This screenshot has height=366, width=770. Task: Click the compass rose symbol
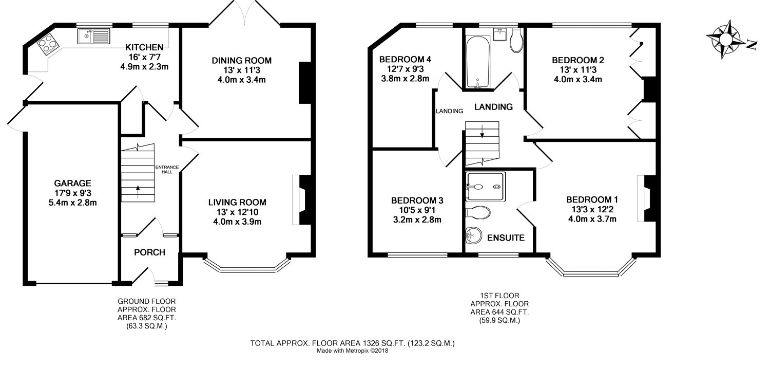pyautogui.click(x=728, y=40)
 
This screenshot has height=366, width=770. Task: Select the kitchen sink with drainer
pyautogui.click(x=94, y=36)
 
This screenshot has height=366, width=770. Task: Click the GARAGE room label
pyautogui.click(x=72, y=183)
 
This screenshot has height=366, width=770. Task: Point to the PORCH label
pyautogui.click(x=149, y=252)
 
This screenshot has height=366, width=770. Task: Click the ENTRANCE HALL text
pyautogui.click(x=167, y=170)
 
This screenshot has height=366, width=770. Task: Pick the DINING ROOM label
pyautogui.click(x=242, y=61)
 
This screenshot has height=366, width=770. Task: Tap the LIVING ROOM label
pyautogui.click(x=237, y=202)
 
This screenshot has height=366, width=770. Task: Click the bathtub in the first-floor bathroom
pyautogui.click(x=478, y=61)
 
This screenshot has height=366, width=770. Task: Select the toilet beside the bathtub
pyautogui.click(x=516, y=40)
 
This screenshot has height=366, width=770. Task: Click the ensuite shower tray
pyautogui.click(x=486, y=186)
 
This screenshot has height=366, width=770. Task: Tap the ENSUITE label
pyautogui.click(x=506, y=238)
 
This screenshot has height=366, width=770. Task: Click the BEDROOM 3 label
pyautogui.click(x=417, y=200)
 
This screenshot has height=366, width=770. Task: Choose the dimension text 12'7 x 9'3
pyautogui.click(x=405, y=69)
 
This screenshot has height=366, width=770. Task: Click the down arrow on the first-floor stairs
pyautogui.click(x=482, y=131)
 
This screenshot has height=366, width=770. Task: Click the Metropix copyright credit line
pyautogui.click(x=352, y=351)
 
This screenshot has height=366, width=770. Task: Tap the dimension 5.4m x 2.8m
pyautogui.click(x=72, y=203)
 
